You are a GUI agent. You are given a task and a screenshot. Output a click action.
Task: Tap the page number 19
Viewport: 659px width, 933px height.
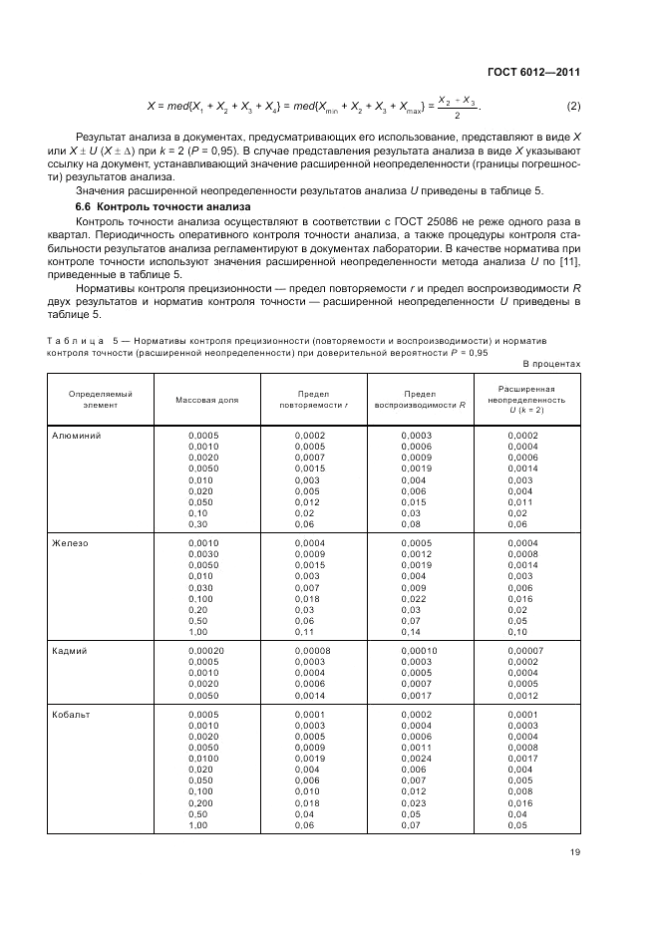(x=575, y=850)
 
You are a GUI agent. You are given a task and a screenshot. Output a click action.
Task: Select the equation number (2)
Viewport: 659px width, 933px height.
(x=573, y=107)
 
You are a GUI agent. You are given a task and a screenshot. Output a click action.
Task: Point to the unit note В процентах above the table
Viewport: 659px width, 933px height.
(x=551, y=364)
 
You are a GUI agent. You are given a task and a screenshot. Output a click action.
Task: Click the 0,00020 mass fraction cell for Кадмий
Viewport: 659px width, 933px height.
(x=205, y=650)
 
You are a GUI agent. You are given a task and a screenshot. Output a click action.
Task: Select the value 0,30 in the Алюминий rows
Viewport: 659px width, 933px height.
(x=198, y=523)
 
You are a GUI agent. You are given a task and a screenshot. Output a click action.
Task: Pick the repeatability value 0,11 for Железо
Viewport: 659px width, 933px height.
(x=304, y=631)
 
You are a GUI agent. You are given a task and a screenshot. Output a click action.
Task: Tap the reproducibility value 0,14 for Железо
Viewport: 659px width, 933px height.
(x=411, y=631)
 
